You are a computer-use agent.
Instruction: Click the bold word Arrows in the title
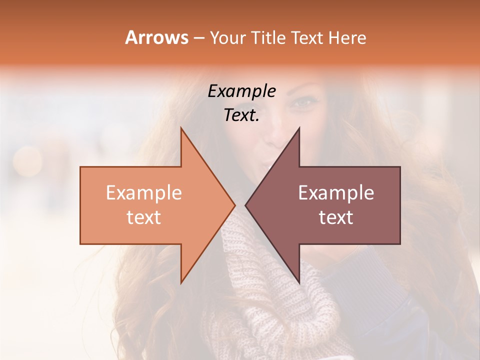[x=156, y=37]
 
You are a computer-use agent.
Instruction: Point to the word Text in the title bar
[x=308, y=38]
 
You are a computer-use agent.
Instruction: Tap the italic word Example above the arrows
[x=242, y=91]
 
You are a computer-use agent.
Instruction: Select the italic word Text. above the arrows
[x=241, y=115]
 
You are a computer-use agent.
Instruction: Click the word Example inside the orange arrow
[x=143, y=192]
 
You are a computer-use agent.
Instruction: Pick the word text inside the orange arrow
[x=143, y=217]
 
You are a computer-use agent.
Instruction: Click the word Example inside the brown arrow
[x=336, y=192]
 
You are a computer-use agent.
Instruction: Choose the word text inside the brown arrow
[x=336, y=217]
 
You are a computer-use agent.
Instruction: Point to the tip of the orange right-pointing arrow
[x=234, y=205]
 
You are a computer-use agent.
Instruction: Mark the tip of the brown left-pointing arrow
[x=245, y=205]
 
